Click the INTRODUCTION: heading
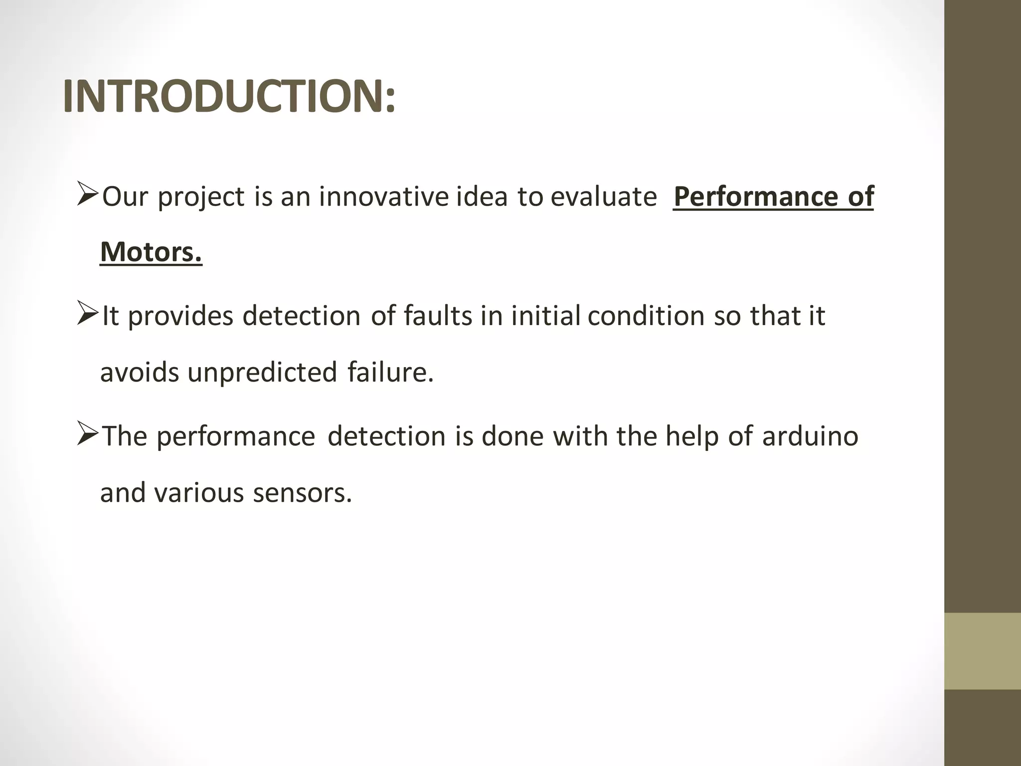(x=229, y=97)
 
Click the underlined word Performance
(x=756, y=196)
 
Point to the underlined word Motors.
(x=151, y=252)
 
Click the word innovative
(x=384, y=196)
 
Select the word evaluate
(x=604, y=196)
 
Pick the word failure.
(x=390, y=373)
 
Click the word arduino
(x=810, y=436)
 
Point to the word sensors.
(x=302, y=493)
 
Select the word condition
(x=646, y=316)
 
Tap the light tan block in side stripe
(x=982, y=651)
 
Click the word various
(x=198, y=493)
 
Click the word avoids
(x=139, y=373)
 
